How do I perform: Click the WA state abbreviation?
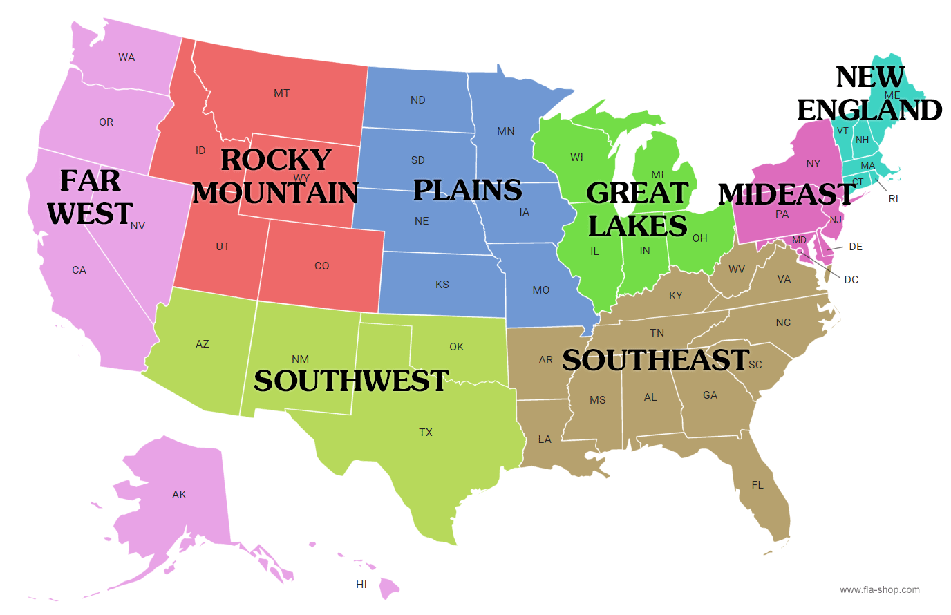pos(126,57)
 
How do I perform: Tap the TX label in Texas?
pos(426,433)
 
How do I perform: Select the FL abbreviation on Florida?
pos(757,485)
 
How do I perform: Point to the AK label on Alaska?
pos(179,495)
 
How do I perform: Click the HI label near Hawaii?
pos(361,585)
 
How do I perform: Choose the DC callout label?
pos(851,280)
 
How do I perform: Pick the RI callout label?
pos(894,199)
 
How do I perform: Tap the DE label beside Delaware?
pos(856,247)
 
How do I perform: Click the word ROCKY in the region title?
pos(276,160)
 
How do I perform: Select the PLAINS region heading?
pos(467,190)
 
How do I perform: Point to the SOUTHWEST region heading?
pos(351,381)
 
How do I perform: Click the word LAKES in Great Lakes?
pos(637,226)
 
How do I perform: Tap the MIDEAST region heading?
pos(787,194)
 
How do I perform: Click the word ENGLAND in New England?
pos(869,110)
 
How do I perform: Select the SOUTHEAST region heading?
pos(655,360)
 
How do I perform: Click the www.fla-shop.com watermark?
pos(880,590)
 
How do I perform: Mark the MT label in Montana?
pos(281,93)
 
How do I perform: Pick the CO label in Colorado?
pos(322,266)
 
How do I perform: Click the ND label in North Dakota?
pos(418,100)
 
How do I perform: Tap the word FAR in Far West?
pos(90,181)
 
